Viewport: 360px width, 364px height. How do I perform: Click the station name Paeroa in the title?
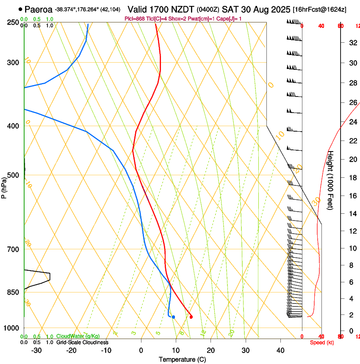point(38,9)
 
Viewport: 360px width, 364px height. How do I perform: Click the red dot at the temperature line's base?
point(191,317)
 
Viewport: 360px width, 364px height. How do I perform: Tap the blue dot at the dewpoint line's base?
point(173,317)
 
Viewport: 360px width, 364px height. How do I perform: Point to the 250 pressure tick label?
point(13,22)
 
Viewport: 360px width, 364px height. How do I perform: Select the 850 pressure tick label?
point(13,292)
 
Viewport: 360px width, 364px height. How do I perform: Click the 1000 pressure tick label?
point(12,328)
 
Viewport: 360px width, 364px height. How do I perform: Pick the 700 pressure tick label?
point(13,249)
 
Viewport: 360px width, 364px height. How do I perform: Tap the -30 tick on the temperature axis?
point(36,350)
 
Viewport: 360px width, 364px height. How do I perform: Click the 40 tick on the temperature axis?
point(280,350)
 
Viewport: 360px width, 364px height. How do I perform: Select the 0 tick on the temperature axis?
point(141,350)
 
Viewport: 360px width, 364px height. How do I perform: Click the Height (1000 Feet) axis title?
point(331,180)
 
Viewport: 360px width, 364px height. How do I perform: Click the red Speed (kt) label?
point(322,342)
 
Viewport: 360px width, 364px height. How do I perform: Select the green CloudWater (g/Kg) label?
point(76,336)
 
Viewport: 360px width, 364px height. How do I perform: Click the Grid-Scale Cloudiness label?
point(82,342)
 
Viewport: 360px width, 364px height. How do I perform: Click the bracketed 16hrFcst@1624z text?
point(319,9)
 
